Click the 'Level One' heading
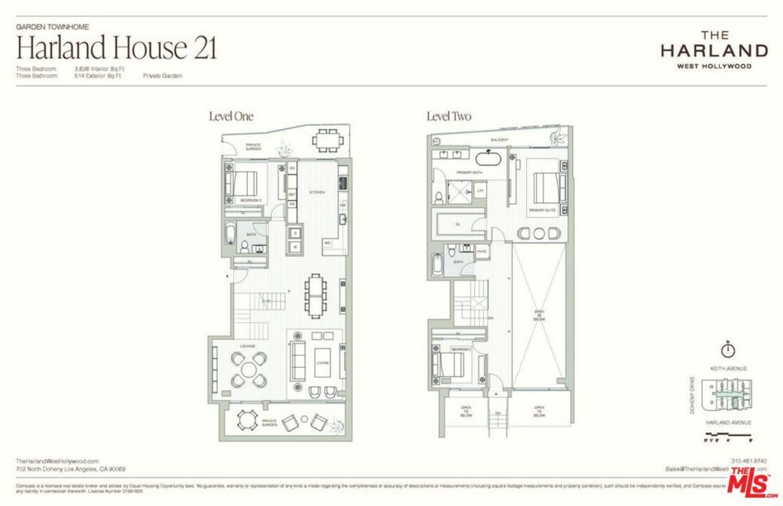coord(231,117)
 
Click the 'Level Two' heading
coord(449,117)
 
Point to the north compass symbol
coord(729,349)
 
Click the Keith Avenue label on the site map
coord(729,368)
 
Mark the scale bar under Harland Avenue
coord(729,433)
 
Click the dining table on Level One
coord(316,294)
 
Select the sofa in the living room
coord(299,358)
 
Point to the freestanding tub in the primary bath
coord(487,160)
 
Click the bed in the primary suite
coord(547,188)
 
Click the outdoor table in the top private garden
coord(327,139)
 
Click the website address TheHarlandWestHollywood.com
coord(57,461)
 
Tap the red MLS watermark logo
coord(753,480)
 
